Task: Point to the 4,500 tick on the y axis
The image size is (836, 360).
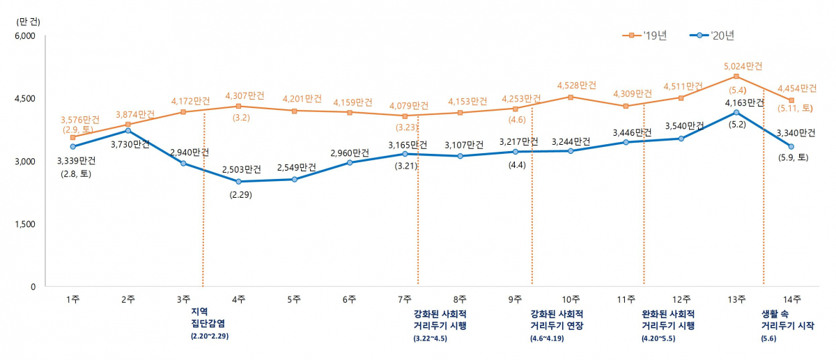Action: point(25,99)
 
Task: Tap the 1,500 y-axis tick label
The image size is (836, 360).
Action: point(25,224)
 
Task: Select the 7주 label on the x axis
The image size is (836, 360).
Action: point(405,299)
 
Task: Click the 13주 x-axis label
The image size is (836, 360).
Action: point(736,299)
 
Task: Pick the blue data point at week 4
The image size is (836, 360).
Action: point(239,182)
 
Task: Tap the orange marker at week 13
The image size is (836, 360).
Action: point(736,76)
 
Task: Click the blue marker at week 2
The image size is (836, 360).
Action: point(128,130)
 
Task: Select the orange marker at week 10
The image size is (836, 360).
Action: point(571,97)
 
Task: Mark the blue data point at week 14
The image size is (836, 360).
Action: point(791,146)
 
